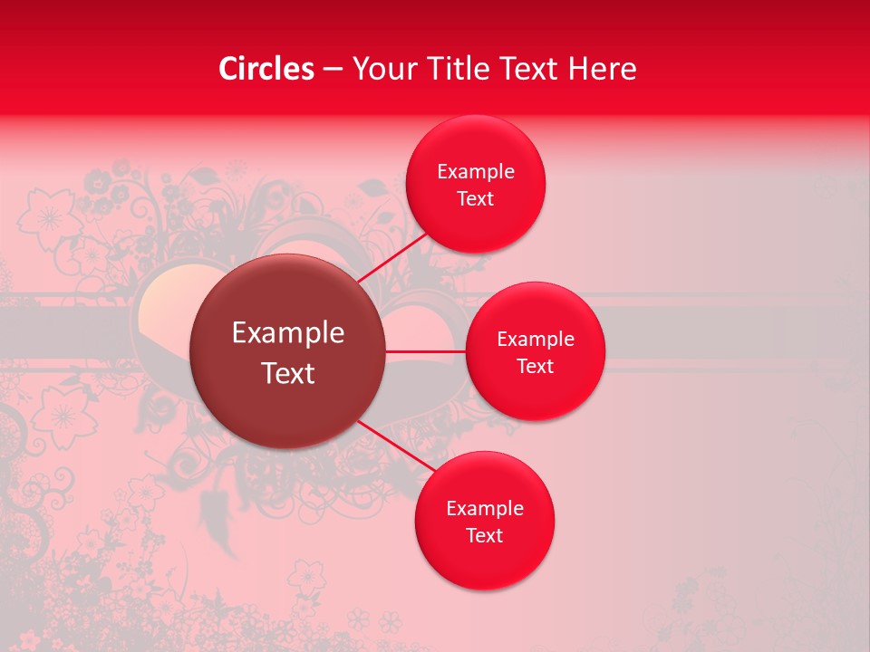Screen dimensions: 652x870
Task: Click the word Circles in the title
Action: [266, 69]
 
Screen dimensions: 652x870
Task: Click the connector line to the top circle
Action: [395, 257]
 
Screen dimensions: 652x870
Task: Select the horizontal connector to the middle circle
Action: [425, 350]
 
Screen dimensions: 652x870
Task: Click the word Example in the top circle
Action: [476, 172]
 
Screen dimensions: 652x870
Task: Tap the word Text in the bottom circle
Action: [484, 536]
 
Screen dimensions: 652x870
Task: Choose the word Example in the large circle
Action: [288, 333]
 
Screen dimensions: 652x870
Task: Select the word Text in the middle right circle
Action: [535, 367]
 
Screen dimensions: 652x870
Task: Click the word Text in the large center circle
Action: [288, 373]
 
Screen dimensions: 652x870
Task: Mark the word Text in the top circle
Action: [475, 199]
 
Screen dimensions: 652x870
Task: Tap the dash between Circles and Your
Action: [333, 70]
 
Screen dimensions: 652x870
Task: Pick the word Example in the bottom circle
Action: [485, 509]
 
